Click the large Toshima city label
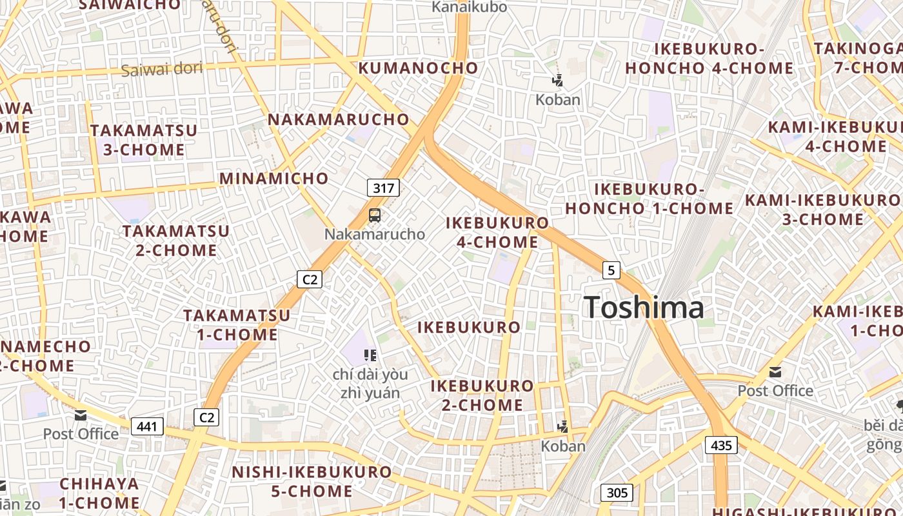coord(644,307)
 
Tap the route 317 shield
coord(383,188)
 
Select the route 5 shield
coord(611,270)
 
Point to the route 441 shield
coord(147,426)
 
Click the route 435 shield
coord(721,444)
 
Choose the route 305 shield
coord(617,493)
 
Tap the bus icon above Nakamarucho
coord(375,215)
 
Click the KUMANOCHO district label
coord(419,68)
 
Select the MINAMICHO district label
coord(274,178)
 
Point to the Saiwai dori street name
coord(161,69)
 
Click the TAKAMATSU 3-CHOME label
coord(144,140)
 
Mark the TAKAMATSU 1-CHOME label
coord(237,325)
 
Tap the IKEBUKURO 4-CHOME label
coord(497,232)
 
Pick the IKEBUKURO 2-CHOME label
coord(482,395)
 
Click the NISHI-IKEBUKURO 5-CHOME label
coord(312,481)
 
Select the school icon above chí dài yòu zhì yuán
coord(370,355)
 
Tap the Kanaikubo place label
coord(469,7)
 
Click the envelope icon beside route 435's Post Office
coord(775,372)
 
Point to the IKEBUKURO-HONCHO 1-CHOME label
coord(649,199)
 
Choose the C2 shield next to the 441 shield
coord(206,417)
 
